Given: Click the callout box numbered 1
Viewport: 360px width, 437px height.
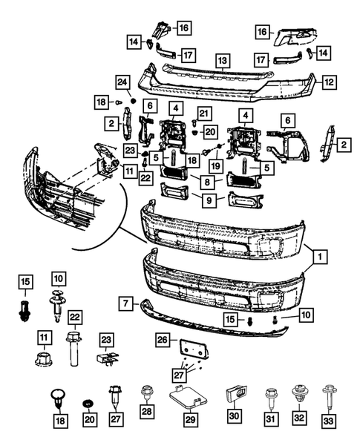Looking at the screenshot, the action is pyautogui.click(x=320, y=257).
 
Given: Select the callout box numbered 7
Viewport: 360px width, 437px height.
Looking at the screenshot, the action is pyautogui.click(x=125, y=303).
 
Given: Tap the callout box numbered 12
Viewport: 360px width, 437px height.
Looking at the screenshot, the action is pyautogui.click(x=329, y=82).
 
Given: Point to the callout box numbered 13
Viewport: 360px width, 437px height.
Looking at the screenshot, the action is pyautogui.click(x=222, y=61).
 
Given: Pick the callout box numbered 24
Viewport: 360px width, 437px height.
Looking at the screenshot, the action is pyautogui.click(x=122, y=82).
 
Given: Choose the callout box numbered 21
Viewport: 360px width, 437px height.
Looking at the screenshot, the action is pyautogui.click(x=204, y=114).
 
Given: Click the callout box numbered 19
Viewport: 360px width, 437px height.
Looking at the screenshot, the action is pyautogui.click(x=215, y=166).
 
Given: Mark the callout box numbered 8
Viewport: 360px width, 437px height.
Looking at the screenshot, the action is pyautogui.click(x=207, y=182).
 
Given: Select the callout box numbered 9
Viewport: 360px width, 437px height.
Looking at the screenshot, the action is pyautogui.click(x=209, y=200).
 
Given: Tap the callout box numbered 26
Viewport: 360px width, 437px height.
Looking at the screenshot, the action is pyautogui.click(x=162, y=340).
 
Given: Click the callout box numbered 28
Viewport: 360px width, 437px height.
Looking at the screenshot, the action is pyautogui.click(x=147, y=411).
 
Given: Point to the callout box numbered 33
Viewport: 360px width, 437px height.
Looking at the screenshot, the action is pyautogui.click(x=328, y=421).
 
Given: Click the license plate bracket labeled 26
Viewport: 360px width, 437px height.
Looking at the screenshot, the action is pyautogui.click(x=193, y=348).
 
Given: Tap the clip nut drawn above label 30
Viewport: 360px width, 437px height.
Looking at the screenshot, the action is pyautogui.click(x=236, y=395).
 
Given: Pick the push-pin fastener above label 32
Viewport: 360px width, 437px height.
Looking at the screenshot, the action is pyautogui.click(x=299, y=393).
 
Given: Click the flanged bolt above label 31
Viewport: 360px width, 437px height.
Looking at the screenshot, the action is pyautogui.click(x=270, y=398).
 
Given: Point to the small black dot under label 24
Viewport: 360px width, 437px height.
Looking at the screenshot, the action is pyautogui.click(x=133, y=101).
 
